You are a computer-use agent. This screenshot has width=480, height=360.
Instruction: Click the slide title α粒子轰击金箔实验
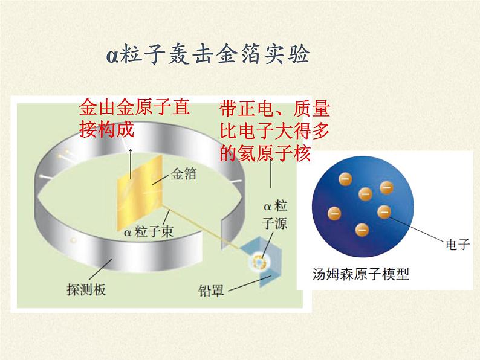tap(208, 54)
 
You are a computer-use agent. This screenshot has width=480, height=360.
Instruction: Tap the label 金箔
tap(183, 174)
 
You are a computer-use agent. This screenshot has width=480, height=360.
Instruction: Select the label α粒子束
tap(149, 231)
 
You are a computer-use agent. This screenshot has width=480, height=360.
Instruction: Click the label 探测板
tap(86, 289)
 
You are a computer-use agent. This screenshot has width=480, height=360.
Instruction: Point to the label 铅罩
tap(211, 291)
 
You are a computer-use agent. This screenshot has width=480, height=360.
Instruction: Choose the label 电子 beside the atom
tap(458, 245)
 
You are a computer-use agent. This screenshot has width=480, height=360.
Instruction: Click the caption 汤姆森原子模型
tap(361, 274)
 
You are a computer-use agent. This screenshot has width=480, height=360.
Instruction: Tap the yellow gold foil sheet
tap(140, 193)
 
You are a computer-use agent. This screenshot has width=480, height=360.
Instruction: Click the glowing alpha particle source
tap(259, 261)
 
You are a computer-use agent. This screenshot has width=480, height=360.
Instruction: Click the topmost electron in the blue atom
tap(345, 179)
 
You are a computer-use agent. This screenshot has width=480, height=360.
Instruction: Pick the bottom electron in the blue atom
tap(362, 230)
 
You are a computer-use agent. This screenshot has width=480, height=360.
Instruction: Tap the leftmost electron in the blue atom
tap(334, 213)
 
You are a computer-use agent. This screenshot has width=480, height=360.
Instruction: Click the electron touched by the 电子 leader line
tap(384, 211)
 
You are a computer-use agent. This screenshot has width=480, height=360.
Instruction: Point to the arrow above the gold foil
tap(131, 163)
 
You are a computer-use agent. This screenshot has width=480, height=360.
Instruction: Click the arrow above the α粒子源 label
tap(271, 173)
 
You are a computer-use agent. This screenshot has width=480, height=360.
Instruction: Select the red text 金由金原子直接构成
tap(134, 118)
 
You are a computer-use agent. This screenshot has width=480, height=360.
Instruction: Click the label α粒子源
tap(274, 214)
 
